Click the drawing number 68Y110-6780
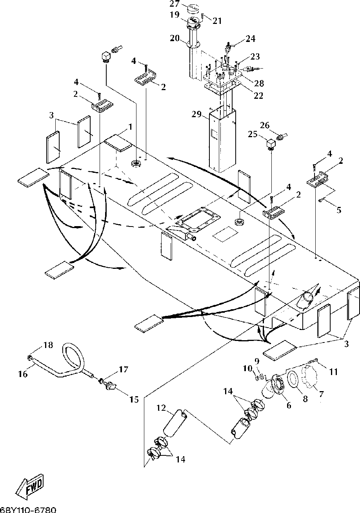click(28, 510)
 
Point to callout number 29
click(196, 114)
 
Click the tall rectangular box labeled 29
click(222, 140)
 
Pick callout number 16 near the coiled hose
click(23, 374)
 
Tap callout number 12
click(161, 408)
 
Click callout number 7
click(321, 394)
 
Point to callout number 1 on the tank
click(130, 127)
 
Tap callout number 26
click(265, 125)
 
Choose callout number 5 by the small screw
click(339, 210)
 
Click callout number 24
click(251, 38)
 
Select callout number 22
click(258, 95)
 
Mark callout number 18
click(48, 344)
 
